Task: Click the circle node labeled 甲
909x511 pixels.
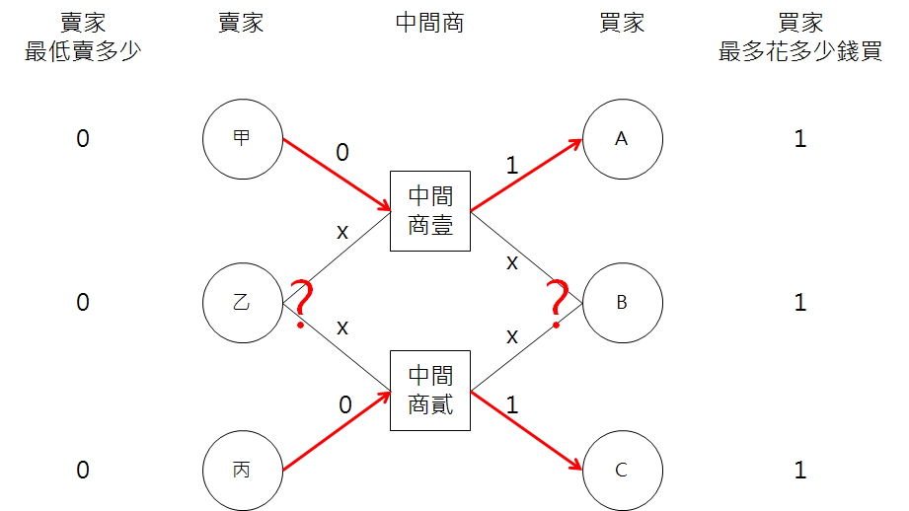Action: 242,139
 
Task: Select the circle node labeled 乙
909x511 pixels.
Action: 242,302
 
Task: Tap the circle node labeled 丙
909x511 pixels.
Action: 242,470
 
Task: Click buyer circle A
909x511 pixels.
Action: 622,139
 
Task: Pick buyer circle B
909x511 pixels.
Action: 622,302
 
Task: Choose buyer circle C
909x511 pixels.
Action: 622,470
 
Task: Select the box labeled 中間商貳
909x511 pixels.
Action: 430,391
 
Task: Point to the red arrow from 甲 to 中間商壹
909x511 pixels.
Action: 336,174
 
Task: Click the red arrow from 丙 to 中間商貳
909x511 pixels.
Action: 336,435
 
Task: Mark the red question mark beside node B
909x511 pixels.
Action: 560,302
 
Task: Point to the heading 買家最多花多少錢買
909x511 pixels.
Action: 800,37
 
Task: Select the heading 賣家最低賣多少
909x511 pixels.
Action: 83,37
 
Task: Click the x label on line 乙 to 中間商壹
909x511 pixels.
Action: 342,233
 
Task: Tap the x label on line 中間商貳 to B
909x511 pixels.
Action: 512,336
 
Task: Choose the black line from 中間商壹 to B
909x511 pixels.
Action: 528,254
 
